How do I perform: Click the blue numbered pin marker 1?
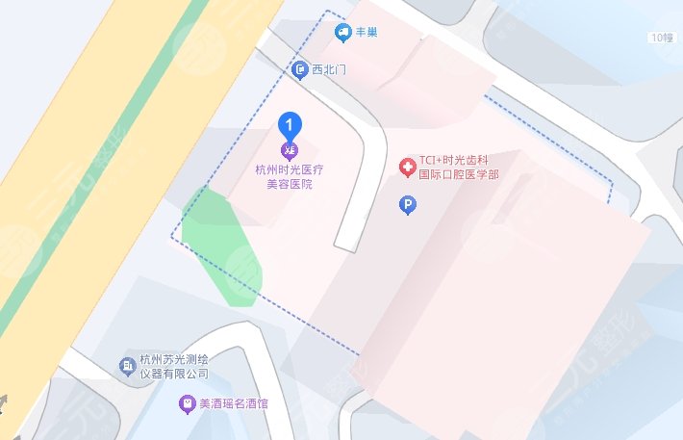click(x=290, y=124)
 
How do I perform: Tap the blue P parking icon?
click(x=407, y=205)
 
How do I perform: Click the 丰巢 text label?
click(x=367, y=33)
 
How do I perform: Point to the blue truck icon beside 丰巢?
click(x=342, y=34)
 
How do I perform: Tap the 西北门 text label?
click(x=329, y=70)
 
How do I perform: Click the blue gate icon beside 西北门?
click(x=299, y=70)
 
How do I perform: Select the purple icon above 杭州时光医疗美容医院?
click(x=290, y=150)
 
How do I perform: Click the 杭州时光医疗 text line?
click(x=289, y=169)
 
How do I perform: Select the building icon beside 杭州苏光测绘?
click(x=126, y=366)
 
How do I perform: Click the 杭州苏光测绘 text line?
click(x=174, y=359)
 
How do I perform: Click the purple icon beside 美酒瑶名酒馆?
click(x=187, y=405)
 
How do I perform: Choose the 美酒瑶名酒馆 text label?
click(x=235, y=405)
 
